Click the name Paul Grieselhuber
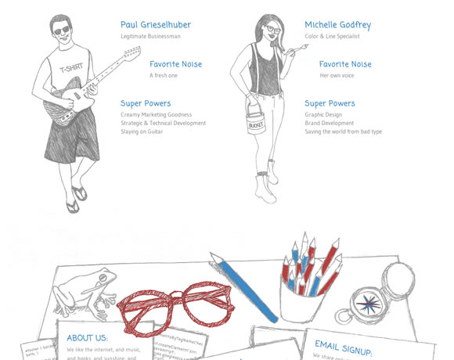pyautogui.click(x=156, y=25)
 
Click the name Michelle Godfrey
pyautogui.click(x=338, y=25)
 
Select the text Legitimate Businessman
pyautogui.click(x=151, y=36)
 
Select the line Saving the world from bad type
pyautogui.click(x=344, y=131)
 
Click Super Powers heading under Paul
pyautogui.click(x=146, y=103)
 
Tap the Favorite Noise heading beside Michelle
pyautogui.click(x=345, y=64)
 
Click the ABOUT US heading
pyautogui.click(x=88, y=337)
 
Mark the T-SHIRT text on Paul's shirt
pyautogui.click(x=71, y=68)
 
